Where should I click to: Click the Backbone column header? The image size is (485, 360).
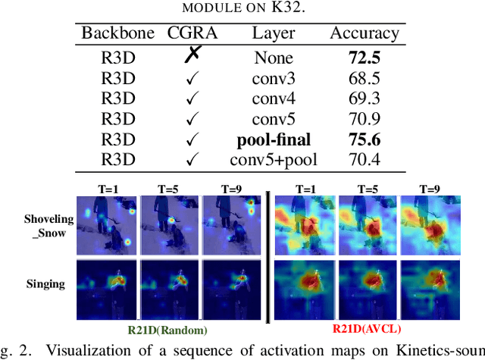coord(116,34)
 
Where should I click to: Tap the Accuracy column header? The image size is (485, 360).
coord(364,34)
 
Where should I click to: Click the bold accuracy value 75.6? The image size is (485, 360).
coord(364,140)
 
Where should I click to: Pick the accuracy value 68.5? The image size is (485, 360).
coord(364,77)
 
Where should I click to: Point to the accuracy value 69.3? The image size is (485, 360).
coord(364,98)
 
